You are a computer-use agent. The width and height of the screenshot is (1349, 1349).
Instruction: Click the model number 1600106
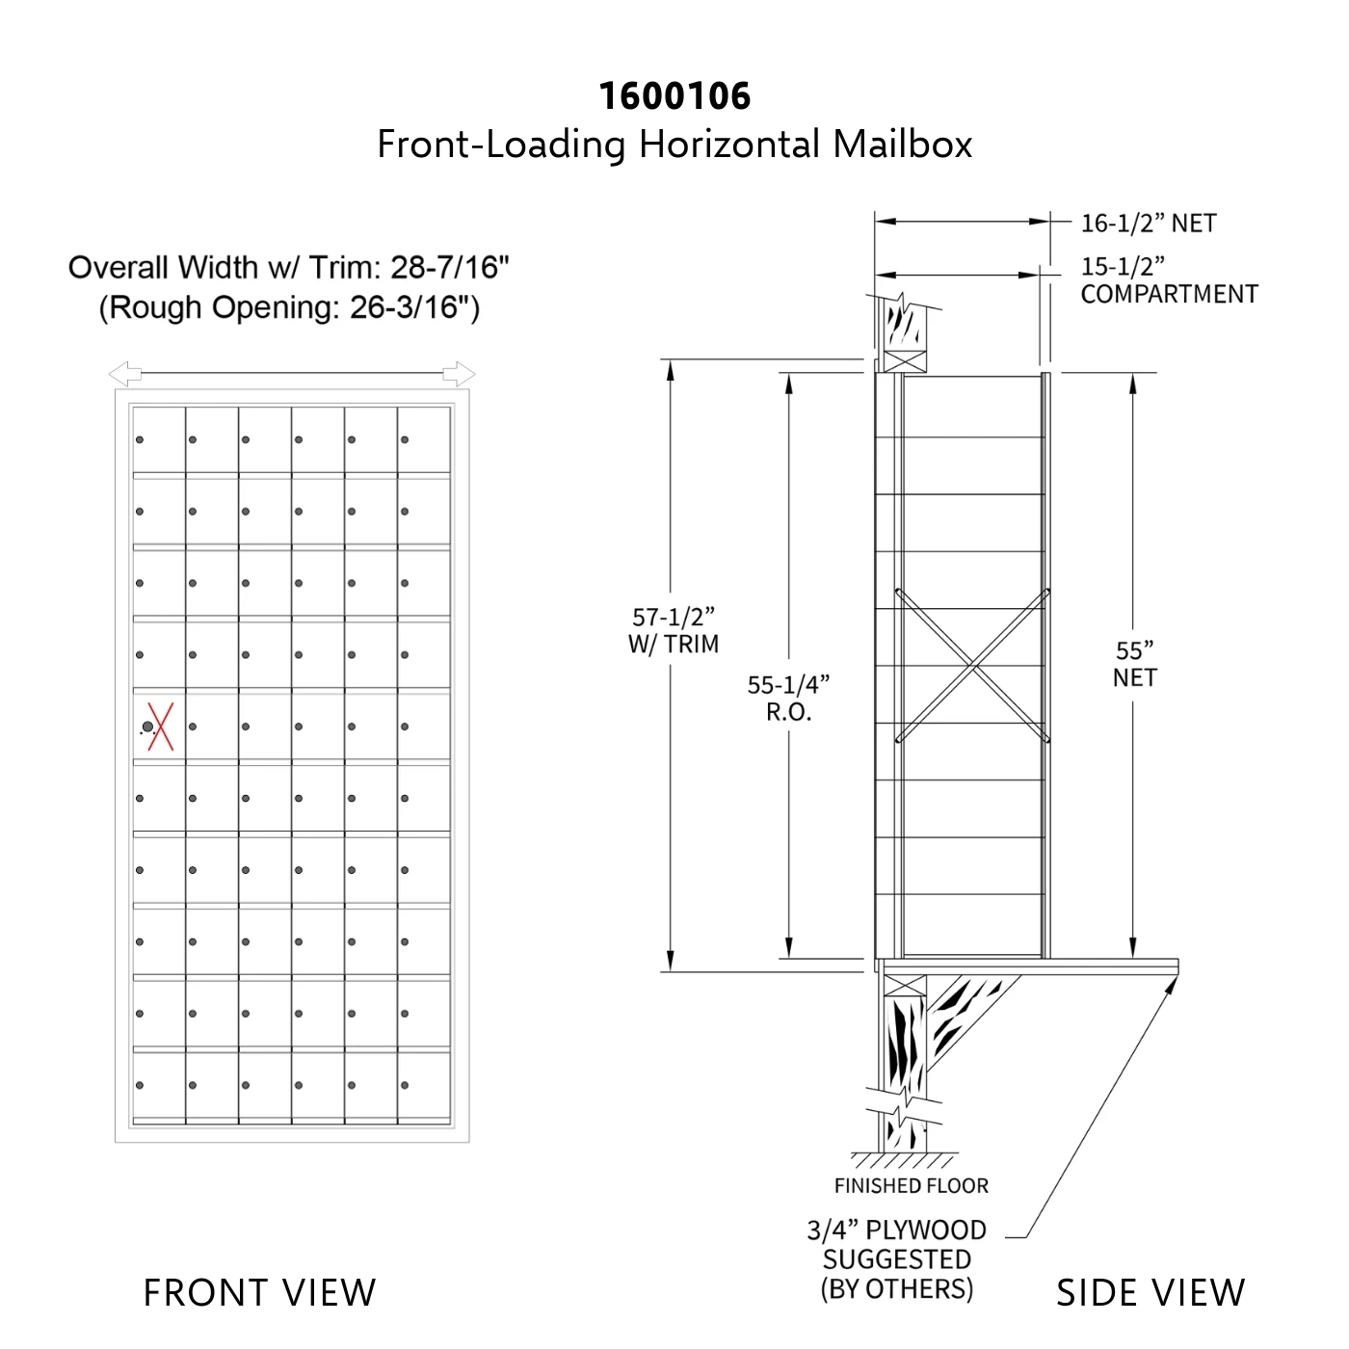pos(674,96)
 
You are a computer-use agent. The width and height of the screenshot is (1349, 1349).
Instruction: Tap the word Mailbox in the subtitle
pos(902,145)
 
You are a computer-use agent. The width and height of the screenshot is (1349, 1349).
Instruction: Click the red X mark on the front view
pos(160,727)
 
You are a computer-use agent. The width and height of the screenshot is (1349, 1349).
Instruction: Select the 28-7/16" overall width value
pos(449,268)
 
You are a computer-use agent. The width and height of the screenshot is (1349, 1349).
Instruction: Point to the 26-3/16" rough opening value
pos(410,307)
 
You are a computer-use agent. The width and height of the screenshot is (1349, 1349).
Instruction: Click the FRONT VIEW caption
pos(260,1292)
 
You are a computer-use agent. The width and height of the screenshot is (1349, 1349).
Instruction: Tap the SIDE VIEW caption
pos(1151,1292)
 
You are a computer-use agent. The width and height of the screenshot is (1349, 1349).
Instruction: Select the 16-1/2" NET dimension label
pos(1149,224)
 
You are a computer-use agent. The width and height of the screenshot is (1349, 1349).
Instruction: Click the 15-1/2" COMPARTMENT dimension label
pos(1169,280)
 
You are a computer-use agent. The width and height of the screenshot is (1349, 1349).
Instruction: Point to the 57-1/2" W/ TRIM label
pos(674,630)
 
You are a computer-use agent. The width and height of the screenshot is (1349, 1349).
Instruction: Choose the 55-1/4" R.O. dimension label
pos(789,698)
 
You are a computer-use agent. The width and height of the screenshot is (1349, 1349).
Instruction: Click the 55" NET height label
pos(1135,664)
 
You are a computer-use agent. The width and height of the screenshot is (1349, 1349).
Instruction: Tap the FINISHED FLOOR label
pos(912,1185)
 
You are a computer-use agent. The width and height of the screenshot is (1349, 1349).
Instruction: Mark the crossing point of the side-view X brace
pos(973,666)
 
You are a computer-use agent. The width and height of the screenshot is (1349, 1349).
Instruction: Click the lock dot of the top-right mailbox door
pos(405,439)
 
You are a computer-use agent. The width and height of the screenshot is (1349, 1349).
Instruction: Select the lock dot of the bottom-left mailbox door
pos(140,1085)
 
